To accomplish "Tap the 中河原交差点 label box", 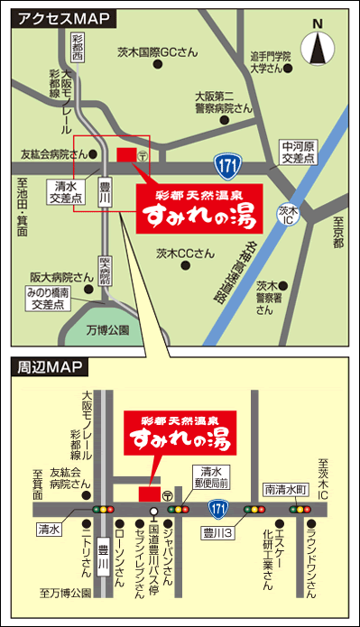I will tap(298, 151).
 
